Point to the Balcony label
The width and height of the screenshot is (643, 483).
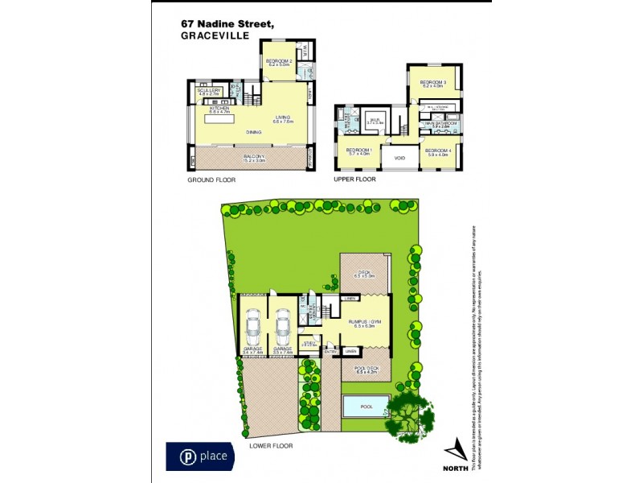pyautogui.click(x=255, y=157)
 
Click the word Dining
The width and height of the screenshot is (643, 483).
pyautogui.click(x=254, y=132)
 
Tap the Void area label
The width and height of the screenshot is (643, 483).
pyautogui.click(x=399, y=158)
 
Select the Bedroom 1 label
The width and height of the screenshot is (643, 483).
pyautogui.click(x=358, y=151)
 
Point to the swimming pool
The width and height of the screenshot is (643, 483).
pyautogui.click(x=366, y=407)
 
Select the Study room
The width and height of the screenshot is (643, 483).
pyautogui.click(x=308, y=345)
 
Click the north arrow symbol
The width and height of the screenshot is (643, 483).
pyautogui.click(x=455, y=448)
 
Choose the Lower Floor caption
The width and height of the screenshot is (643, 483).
pyautogui.click(x=272, y=445)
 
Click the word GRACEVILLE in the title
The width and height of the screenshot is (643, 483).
pyautogui.click(x=215, y=36)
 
